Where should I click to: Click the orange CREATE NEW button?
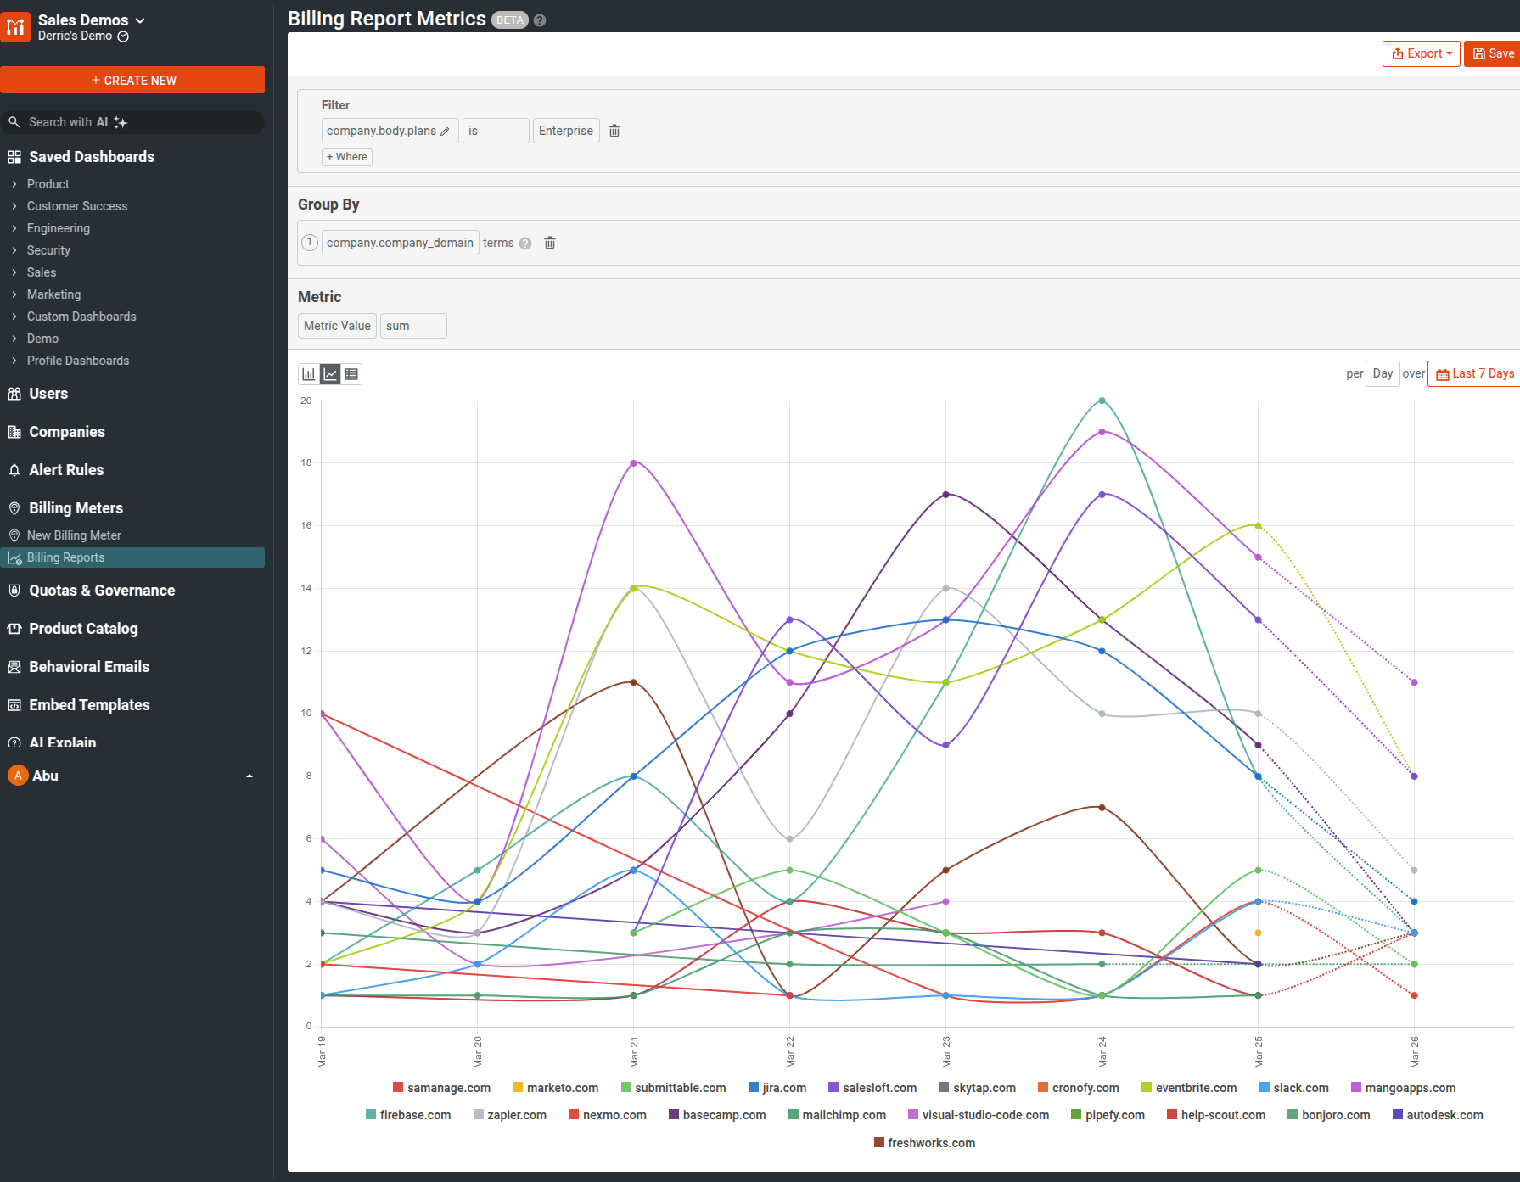point(132,80)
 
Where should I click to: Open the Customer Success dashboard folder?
point(76,206)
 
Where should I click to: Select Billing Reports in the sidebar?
point(65,557)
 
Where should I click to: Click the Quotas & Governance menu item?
point(102,591)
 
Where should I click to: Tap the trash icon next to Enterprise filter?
point(614,131)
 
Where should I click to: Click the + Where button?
point(347,157)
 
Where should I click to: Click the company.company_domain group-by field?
point(400,243)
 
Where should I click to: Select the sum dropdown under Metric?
point(412,326)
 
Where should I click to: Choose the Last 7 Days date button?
point(1474,373)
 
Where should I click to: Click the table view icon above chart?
point(351,374)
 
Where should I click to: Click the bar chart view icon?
point(309,374)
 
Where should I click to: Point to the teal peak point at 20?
point(1102,401)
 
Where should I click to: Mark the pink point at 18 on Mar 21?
point(633,463)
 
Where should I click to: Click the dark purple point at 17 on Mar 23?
point(945,495)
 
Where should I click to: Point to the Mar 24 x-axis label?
point(1102,1051)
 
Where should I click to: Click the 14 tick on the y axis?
point(306,588)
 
